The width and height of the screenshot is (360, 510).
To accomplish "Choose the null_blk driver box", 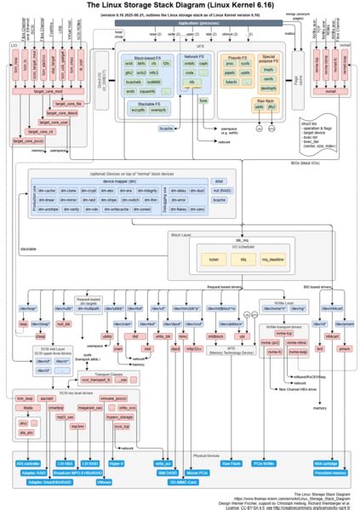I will [62, 324].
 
